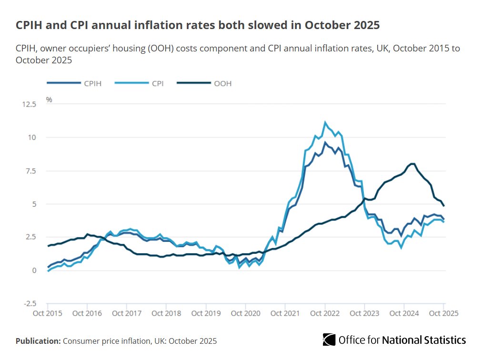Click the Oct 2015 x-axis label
tap(48, 313)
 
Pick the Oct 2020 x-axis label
tap(245, 313)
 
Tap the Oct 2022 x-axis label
tap(325, 313)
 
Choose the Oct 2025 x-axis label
tap(443, 313)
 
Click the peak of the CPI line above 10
tap(325, 122)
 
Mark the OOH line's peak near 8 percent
tap(412, 164)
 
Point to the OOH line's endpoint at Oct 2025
tap(444, 206)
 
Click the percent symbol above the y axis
tap(49, 100)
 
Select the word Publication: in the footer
tap(38, 341)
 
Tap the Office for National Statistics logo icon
tap(329, 340)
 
